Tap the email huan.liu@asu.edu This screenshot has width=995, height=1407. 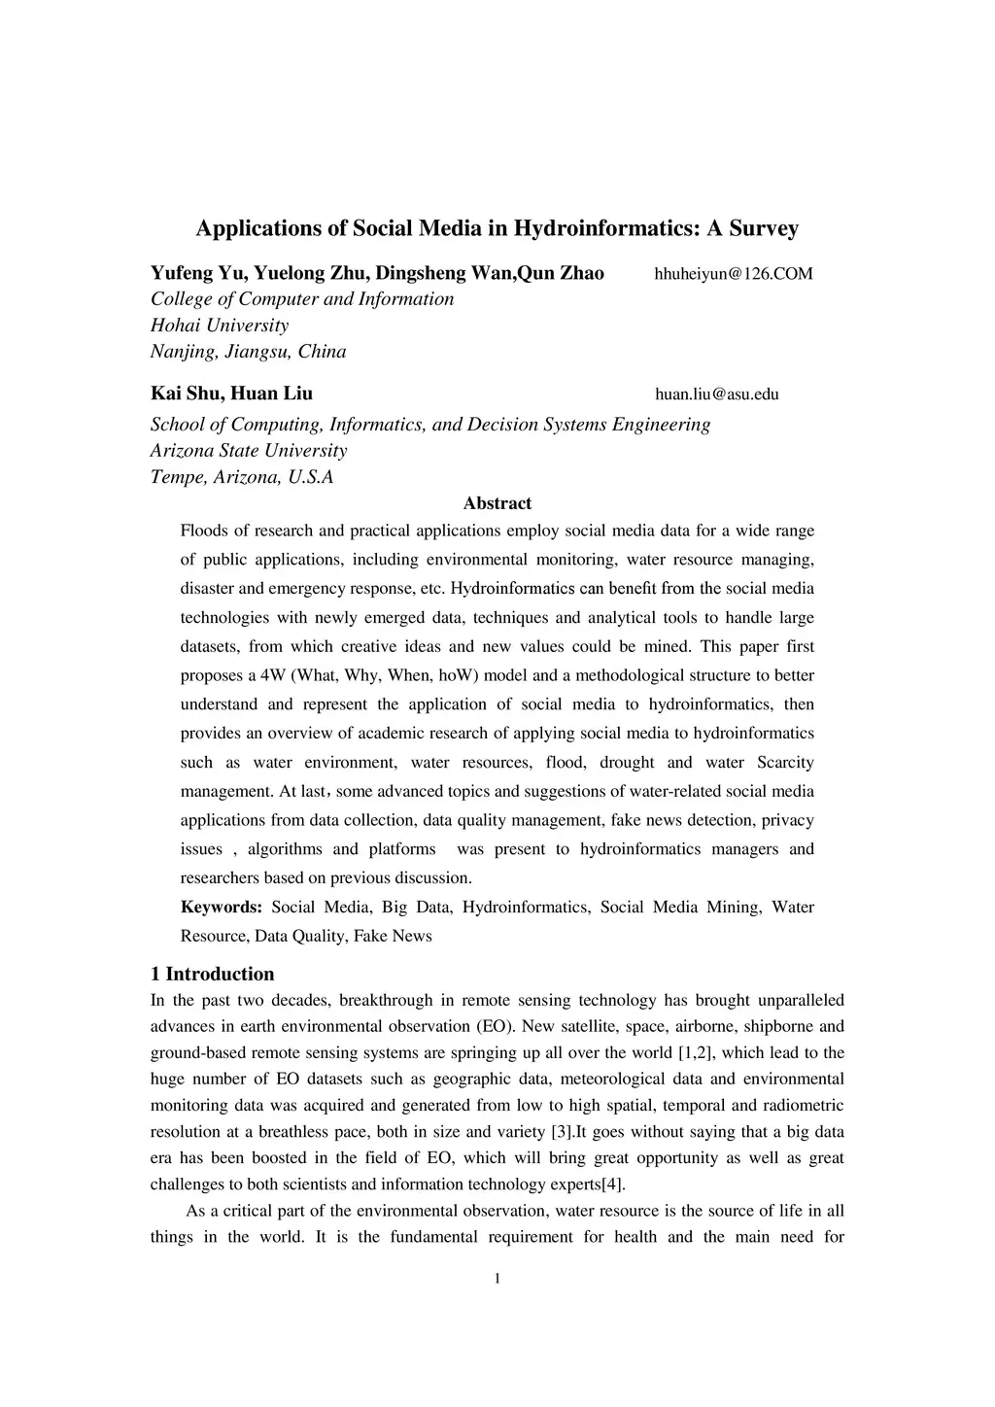pos(717,395)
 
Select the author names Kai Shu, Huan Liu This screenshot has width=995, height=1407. pos(231,394)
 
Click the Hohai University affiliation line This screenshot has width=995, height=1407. pos(220,326)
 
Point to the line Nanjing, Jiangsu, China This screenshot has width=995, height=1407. pos(248,352)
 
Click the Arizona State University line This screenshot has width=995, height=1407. pos(248,451)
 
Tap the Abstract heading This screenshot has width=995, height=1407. pos(497,503)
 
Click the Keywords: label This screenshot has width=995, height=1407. pos(222,908)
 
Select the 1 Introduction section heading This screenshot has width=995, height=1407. pos(212,974)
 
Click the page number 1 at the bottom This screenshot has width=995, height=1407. pos(497,1279)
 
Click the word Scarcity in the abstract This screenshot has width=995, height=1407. pos(785,763)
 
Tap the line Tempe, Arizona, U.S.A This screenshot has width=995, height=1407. pos(242,477)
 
